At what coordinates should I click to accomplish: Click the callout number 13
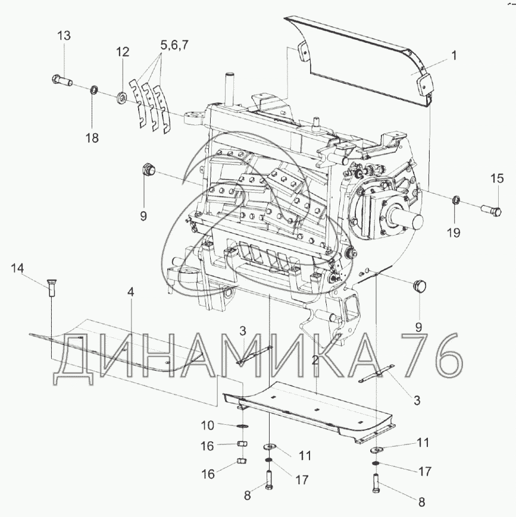pyautogui.click(x=64, y=35)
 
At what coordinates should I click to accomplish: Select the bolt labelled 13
pyautogui.click(x=62, y=80)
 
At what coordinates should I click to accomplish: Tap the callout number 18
pyautogui.click(x=92, y=137)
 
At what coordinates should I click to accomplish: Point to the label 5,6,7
pyautogui.click(x=174, y=45)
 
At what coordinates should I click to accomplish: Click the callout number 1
pyautogui.click(x=454, y=56)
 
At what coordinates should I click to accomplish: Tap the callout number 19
pyautogui.click(x=454, y=233)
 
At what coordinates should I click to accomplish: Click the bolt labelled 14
pyautogui.click(x=51, y=288)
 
